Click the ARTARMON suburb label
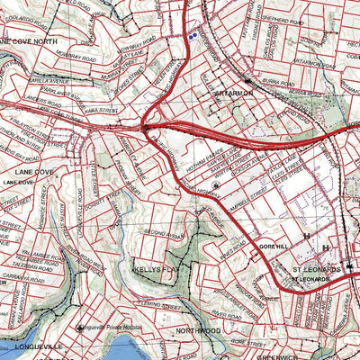235,93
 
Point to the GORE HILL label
271,243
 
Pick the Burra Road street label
275,84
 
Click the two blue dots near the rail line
193,36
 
